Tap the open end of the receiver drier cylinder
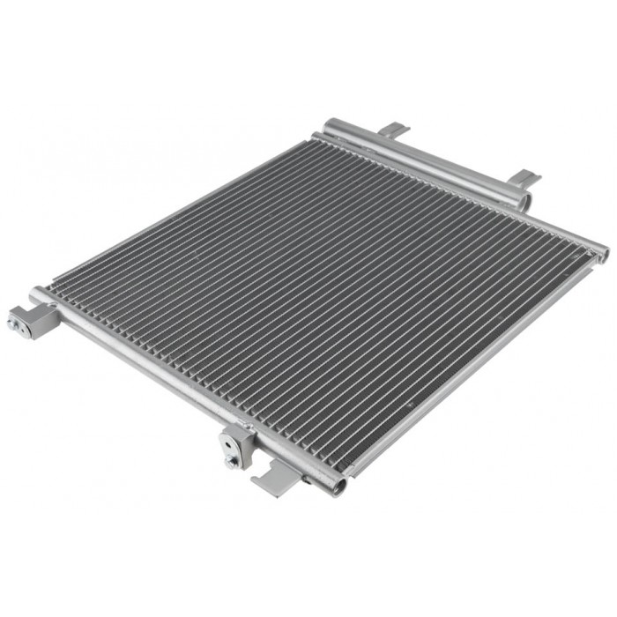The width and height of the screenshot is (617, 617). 525,202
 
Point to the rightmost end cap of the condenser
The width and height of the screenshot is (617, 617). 602,253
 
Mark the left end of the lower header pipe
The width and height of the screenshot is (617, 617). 38,294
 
